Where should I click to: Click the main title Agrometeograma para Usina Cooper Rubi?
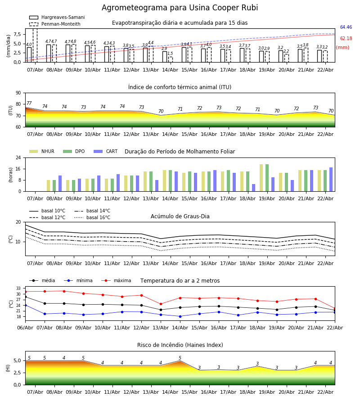coord(180,8)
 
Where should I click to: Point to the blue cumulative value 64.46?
coord(346,27)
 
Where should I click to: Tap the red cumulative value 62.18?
coord(346,39)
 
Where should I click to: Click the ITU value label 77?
coord(29,103)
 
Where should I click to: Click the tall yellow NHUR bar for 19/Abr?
coord(261,178)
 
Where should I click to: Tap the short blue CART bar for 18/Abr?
coord(253,188)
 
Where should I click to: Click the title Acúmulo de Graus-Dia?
coord(180,216)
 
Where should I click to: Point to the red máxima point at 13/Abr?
coord(161,304)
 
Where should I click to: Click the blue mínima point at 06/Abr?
coord(25,305)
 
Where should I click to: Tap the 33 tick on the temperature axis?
coord(18,288)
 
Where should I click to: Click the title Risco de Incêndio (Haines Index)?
coord(180,345)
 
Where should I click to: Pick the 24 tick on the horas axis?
coord(18,158)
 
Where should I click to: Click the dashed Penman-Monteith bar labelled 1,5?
coord(170,59)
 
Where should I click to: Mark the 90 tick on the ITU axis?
coord(18,93)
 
